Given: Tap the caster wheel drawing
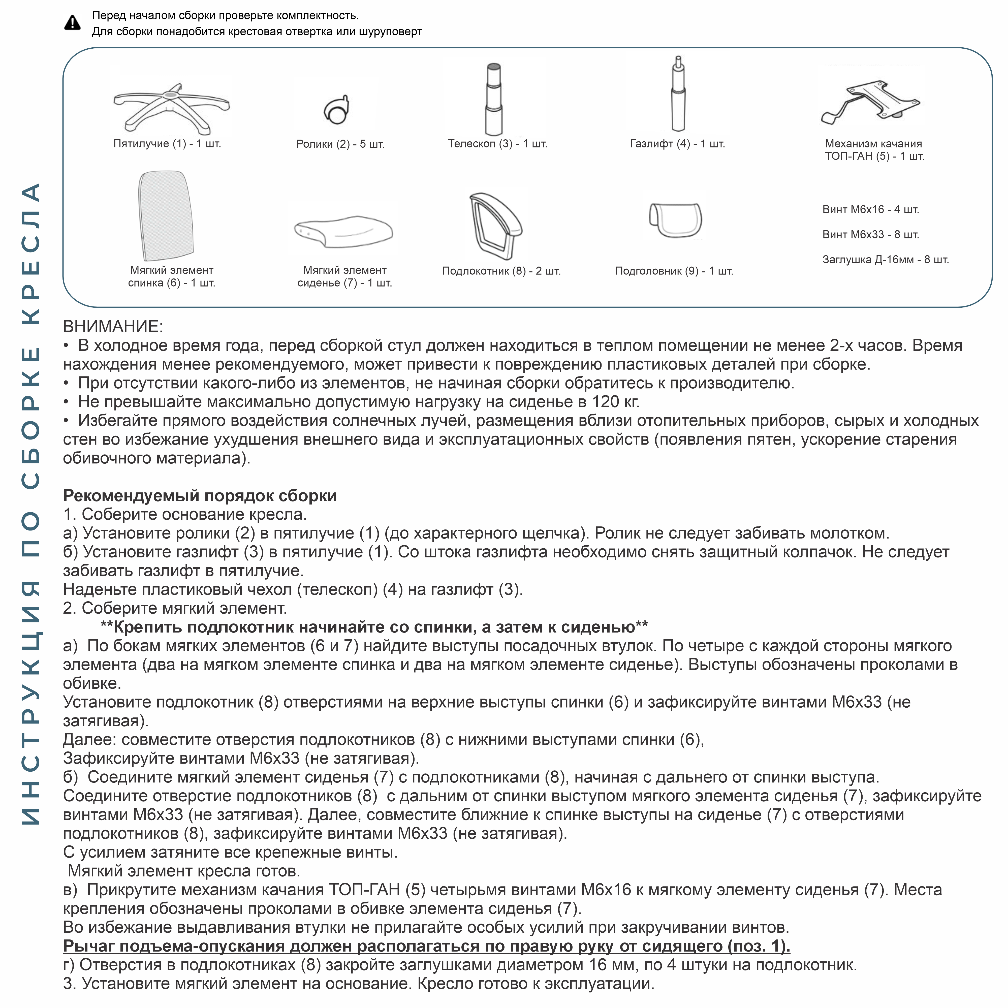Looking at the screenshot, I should point(336,110).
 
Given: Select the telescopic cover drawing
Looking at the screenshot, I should point(494,99).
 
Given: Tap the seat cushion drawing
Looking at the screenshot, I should point(343,231).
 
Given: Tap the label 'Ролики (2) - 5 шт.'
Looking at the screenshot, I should point(340,144).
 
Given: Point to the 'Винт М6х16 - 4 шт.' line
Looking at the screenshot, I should point(870,210).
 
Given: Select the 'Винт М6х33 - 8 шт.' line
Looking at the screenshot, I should point(870,235).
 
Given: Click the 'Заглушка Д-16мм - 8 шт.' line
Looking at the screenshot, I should point(885,260).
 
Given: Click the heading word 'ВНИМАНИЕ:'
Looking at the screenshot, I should point(113,327).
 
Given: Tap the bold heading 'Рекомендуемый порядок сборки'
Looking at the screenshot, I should point(200,496).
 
